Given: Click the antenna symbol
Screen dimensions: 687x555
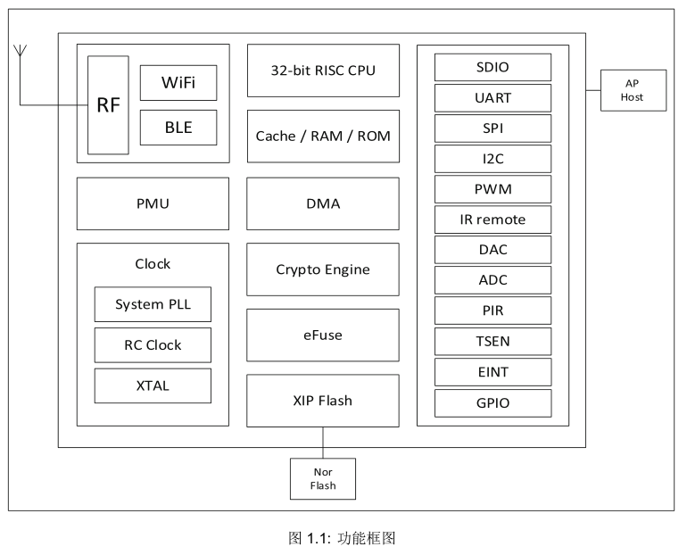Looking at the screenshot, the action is pos(21,51).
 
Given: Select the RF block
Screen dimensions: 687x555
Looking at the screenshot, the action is pos(108,105).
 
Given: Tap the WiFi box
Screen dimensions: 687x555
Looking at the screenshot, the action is pos(178,83).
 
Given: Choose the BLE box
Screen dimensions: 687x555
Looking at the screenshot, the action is pos(178,128).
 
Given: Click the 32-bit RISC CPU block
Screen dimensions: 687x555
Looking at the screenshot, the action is pos(323,70).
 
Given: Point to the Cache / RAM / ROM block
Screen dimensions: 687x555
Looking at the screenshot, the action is pos(323,137).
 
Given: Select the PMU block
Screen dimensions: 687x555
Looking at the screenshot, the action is pos(153,203).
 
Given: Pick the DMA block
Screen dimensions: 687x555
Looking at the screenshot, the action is pos(323,203).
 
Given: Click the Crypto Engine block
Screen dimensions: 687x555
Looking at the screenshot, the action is pos(323,269).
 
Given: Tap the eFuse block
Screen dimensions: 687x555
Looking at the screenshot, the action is pos(323,335).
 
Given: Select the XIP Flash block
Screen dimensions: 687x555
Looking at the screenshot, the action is pos(323,401).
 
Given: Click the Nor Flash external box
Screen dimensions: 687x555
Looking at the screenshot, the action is pos(323,479).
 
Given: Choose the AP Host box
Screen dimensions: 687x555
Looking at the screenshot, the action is pos(633,90).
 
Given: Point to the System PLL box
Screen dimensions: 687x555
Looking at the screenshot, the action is pos(153,304).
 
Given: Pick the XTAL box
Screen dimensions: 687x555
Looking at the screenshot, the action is pos(153,386).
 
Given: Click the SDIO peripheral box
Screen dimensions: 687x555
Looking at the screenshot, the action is pos(492,68).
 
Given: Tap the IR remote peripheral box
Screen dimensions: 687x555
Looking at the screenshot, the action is pos(492,220).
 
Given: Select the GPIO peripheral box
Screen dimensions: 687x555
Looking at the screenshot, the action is pos(492,403).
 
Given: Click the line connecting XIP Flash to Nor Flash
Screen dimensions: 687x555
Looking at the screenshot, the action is pos(323,443).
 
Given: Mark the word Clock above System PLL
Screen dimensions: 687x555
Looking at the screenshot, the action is pos(153,264).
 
